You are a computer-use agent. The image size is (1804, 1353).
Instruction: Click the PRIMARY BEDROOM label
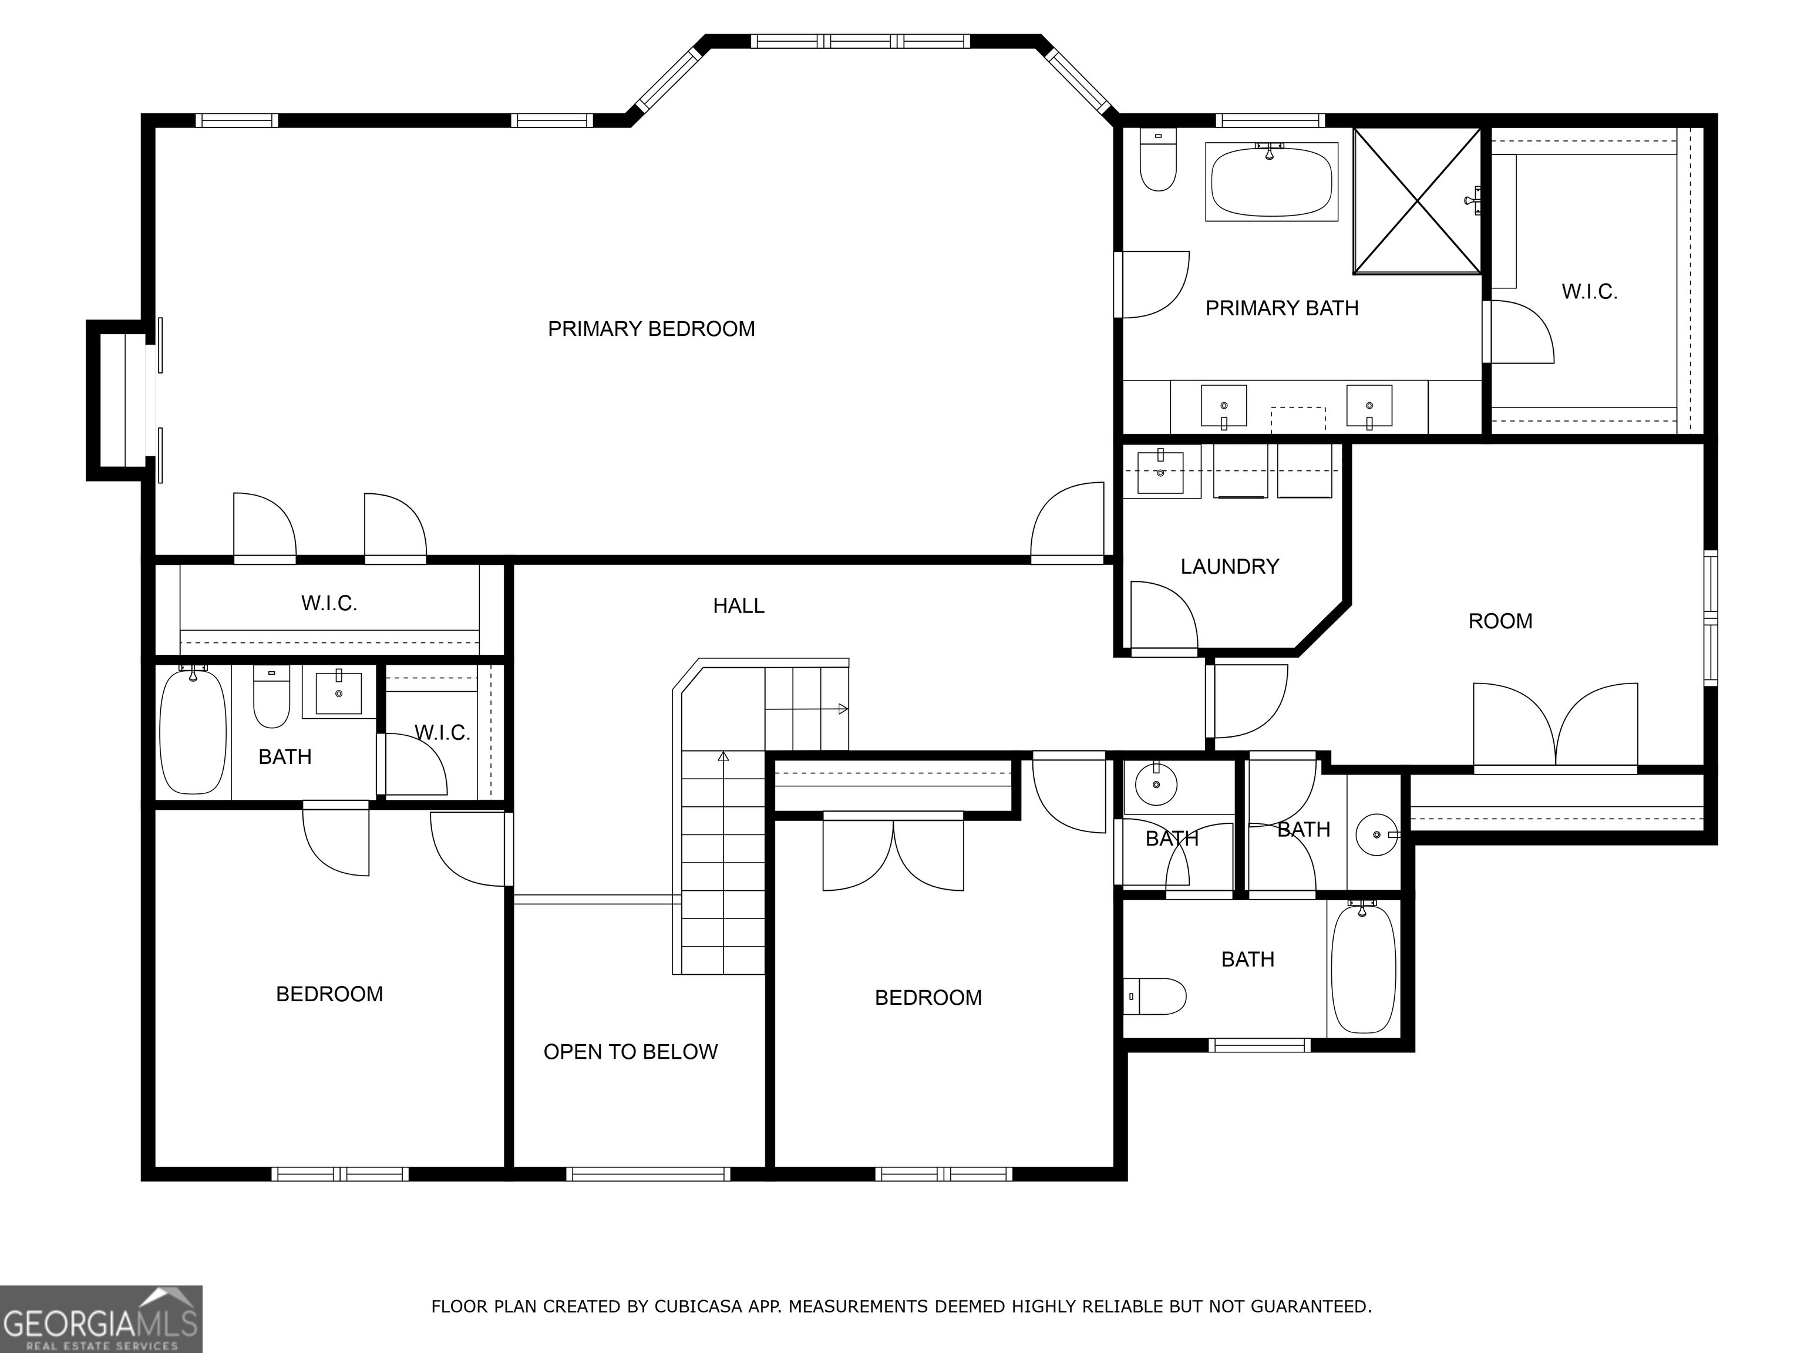click(x=651, y=329)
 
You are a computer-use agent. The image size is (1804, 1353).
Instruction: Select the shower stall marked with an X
click(x=1416, y=201)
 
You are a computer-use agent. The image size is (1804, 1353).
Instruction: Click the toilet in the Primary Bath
click(x=1157, y=161)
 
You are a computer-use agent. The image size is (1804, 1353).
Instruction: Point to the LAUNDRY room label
click(x=1229, y=566)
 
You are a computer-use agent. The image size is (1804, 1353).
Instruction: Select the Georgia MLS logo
click(x=100, y=1319)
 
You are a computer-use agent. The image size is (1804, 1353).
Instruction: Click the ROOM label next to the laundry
click(x=1500, y=621)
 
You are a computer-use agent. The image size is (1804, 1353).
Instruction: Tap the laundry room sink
click(x=1160, y=472)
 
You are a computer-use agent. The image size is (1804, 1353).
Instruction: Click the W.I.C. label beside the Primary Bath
click(x=1588, y=292)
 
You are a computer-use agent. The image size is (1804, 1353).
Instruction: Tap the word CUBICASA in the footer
click(x=697, y=1307)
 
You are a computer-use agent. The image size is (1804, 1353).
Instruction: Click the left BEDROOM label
click(x=329, y=994)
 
